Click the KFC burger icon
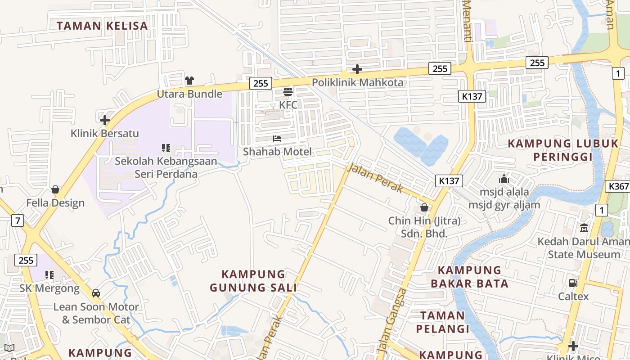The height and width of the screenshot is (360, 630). (288, 92)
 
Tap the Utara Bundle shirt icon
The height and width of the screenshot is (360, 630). (189, 81)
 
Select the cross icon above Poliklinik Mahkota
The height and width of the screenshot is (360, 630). (357, 69)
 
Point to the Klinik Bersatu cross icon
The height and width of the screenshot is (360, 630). (105, 120)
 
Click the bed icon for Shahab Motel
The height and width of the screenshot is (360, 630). (277, 139)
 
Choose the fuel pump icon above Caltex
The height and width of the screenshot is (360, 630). (573, 283)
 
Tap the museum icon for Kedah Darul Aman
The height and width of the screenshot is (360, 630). (584, 228)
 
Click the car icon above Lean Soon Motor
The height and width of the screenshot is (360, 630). (96, 293)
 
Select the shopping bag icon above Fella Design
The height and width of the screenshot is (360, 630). (55, 189)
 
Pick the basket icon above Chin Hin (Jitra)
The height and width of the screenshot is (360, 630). (424, 207)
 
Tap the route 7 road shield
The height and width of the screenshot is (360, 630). (18, 220)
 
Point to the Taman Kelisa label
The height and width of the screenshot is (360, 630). (103, 26)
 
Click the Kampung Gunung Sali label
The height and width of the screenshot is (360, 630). (253, 281)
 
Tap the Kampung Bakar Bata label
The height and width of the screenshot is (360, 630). (469, 277)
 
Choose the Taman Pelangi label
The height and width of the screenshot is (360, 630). (443, 322)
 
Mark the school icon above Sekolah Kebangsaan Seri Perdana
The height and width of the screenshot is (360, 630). (166, 148)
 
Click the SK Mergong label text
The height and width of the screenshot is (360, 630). (49, 288)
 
